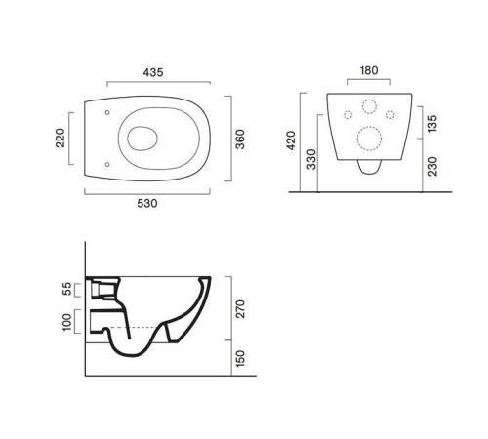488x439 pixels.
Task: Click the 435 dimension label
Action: tap(153, 72)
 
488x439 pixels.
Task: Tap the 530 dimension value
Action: tap(147, 204)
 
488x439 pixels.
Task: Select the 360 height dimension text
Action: tap(240, 140)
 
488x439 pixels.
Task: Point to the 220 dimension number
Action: tap(61, 139)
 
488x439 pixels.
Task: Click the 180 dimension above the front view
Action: tap(369, 70)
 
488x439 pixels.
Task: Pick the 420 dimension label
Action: tap(291, 140)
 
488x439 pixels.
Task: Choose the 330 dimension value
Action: tap(311, 159)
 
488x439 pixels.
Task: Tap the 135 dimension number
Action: tap(432, 123)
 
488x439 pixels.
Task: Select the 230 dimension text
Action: tap(432, 166)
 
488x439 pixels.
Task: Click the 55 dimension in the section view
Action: tap(66, 289)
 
